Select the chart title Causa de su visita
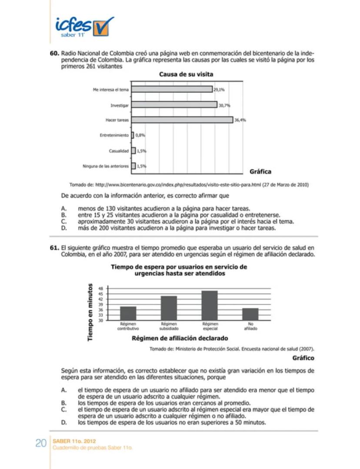pyautogui.click(x=186, y=74)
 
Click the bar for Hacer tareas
pyautogui.click(x=182, y=120)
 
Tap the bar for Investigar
pyautogui.click(x=174, y=105)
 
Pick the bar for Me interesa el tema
pyautogui.click(x=172, y=89)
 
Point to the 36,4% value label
pyautogui.click(x=240, y=120)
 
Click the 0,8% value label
pyautogui.click(x=140, y=135)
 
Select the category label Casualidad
pyautogui.click(x=119, y=151)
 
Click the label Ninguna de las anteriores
pyautogui.click(x=106, y=166)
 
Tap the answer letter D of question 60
pyautogui.click(x=63, y=228)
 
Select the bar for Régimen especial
pyautogui.click(x=210, y=305)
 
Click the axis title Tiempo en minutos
pyautogui.click(x=90, y=312)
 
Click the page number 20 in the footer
pyautogui.click(x=41, y=443)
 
